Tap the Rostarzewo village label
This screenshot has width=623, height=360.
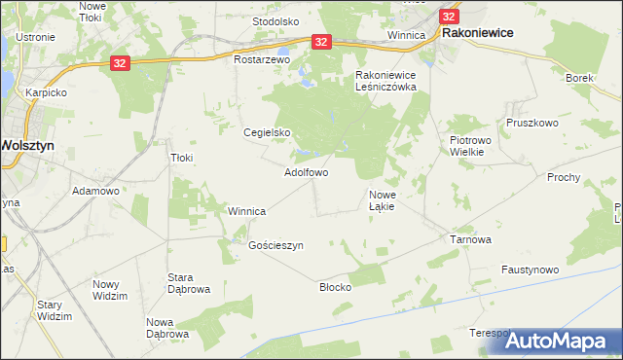pyautogui.click(x=263, y=59)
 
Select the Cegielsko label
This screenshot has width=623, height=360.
pyautogui.click(x=267, y=132)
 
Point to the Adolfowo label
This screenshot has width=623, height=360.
pyautogui.click(x=305, y=172)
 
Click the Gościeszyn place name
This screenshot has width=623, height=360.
pyautogui.click(x=276, y=245)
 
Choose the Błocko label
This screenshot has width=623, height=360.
pyautogui.click(x=335, y=287)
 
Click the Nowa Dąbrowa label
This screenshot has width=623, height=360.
pyautogui.click(x=166, y=328)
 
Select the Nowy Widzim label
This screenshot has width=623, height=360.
pyautogui.click(x=110, y=290)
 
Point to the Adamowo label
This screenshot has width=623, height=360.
pyautogui.click(x=95, y=191)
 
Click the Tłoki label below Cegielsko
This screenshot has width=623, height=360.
pyautogui.click(x=182, y=158)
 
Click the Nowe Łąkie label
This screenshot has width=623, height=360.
pyautogui.click(x=381, y=200)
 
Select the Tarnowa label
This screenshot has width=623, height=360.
pyautogui.click(x=470, y=238)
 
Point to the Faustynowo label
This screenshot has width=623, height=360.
pyautogui.click(x=530, y=269)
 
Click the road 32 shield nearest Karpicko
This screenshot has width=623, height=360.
pyautogui.click(x=119, y=62)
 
